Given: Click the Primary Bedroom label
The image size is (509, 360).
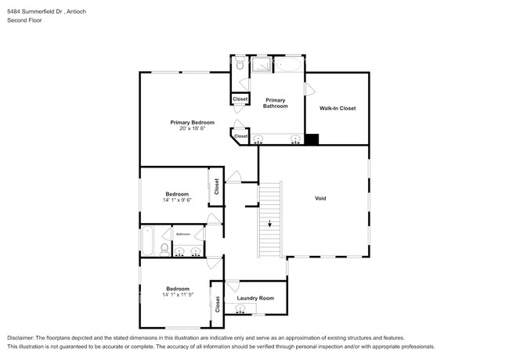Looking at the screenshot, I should (193, 122).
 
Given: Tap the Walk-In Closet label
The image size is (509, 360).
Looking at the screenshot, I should (337, 108).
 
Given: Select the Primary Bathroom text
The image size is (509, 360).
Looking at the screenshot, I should (275, 103).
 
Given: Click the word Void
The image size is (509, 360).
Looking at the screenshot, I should (320, 198).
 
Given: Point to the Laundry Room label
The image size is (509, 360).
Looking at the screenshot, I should (255, 297).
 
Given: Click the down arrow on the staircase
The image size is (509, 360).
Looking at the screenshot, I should (270, 225).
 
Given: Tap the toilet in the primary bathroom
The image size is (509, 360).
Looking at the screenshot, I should (239, 66).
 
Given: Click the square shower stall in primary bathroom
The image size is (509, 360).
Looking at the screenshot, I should (260, 63).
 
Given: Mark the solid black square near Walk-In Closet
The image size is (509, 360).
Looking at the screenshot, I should (312, 140).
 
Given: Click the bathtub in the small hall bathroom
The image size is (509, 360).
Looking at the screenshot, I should (147, 241).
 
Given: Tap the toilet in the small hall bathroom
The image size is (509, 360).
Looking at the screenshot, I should (163, 249).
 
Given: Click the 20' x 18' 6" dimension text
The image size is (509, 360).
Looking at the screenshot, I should (193, 128).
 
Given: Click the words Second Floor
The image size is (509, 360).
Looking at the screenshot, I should (24, 20).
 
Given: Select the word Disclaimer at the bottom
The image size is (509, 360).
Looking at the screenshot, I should (26, 337).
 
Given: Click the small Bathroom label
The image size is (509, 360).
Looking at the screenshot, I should (183, 234).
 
